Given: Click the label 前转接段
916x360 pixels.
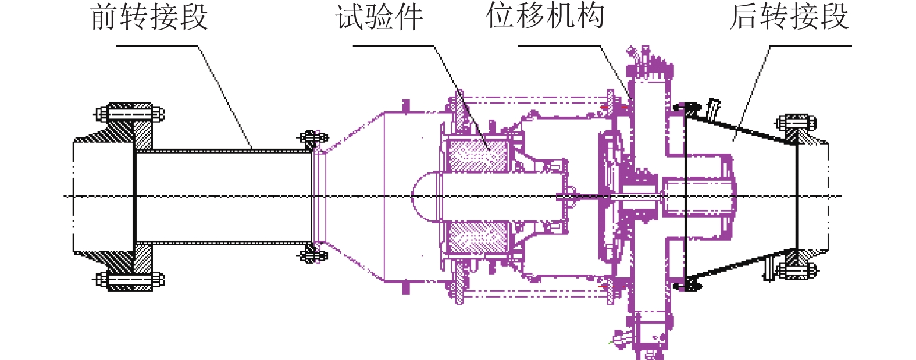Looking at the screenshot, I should click(149, 17).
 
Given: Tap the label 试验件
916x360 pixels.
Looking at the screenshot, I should click(379, 17).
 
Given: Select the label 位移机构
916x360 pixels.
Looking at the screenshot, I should click(545, 16).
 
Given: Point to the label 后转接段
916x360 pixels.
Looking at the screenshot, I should click(789, 16).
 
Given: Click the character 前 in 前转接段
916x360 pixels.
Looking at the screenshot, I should click(105, 17).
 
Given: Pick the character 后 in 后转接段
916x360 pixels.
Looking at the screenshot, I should click(745, 16).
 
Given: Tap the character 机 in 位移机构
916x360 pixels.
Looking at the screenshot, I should click(559, 16).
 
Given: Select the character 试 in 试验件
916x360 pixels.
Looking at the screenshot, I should click(350, 17).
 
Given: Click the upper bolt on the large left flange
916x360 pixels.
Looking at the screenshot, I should click(130, 113).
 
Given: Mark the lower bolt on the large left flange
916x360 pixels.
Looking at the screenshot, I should click(130, 280).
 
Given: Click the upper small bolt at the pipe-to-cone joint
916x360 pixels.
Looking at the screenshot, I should click(312, 138).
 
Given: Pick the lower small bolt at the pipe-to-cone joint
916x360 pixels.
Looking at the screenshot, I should click(312, 255).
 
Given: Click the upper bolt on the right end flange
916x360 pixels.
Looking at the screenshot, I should click(796, 123).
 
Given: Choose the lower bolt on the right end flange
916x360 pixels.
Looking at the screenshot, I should click(796, 270).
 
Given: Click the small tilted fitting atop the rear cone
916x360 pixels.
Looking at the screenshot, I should click(713, 109).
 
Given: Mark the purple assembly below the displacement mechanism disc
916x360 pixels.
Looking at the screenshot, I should click(646, 334).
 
